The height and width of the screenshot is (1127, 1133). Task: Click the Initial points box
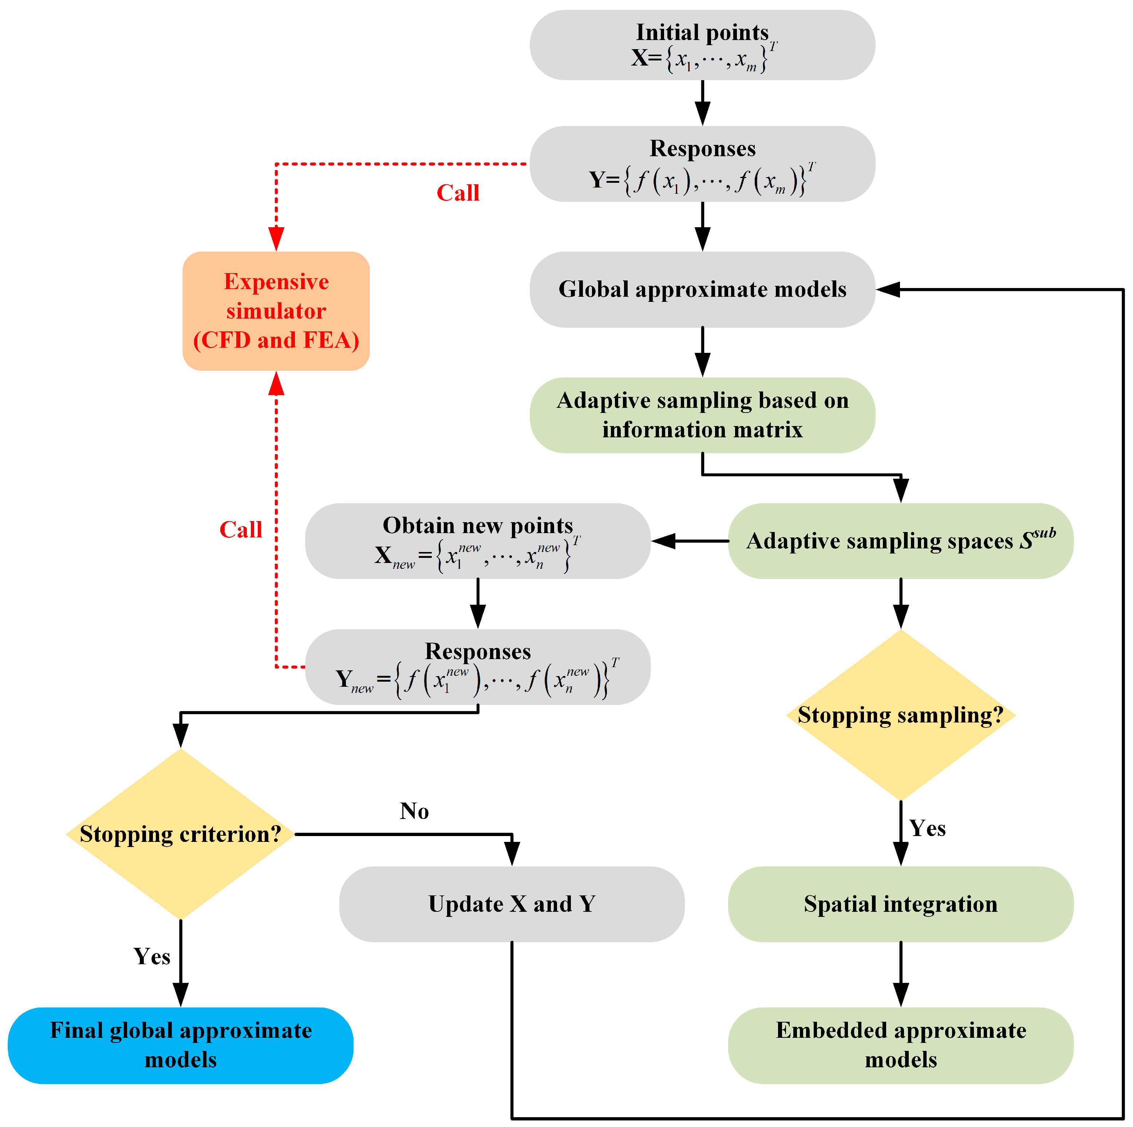(702, 45)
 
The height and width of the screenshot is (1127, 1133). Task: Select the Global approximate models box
(702, 289)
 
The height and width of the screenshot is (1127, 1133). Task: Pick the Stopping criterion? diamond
(181, 834)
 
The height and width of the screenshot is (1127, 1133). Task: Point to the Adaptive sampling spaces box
(900, 541)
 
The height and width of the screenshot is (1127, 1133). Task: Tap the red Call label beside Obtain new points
(240, 530)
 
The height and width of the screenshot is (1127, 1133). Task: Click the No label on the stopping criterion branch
(414, 811)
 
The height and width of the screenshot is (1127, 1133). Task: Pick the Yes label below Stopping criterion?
(151, 956)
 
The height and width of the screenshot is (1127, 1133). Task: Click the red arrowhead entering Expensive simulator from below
(276, 383)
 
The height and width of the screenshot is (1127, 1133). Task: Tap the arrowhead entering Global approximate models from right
(888, 289)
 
